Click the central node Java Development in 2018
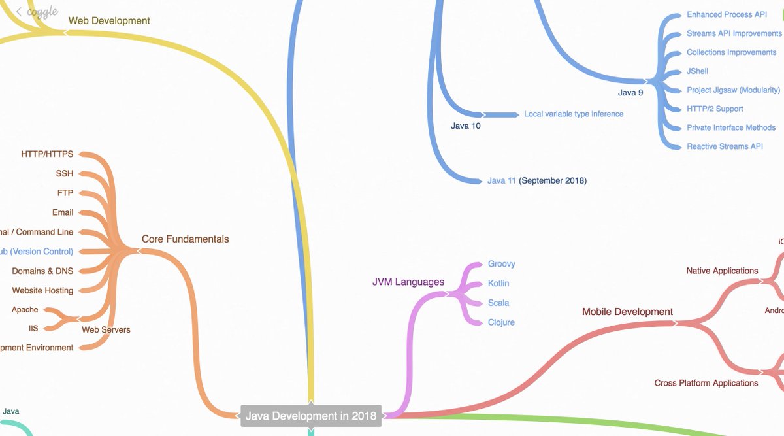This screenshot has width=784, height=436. (x=311, y=416)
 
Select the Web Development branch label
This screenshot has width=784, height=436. (x=109, y=21)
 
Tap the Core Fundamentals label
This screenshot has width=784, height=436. (x=185, y=239)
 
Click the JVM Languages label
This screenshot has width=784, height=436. (x=408, y=282)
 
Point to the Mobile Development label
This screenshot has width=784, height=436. (x=627, y=312)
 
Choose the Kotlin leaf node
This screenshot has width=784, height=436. (x=498, y=284)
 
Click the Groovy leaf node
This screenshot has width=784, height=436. (x=502, y=264)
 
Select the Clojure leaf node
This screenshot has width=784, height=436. (x=501, y=322)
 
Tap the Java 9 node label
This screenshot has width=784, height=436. (x=630, y=93)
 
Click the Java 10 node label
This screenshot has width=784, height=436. (x=465, y=126)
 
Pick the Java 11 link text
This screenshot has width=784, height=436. (x=501, y=180)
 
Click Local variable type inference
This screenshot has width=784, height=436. (x=574, y=114)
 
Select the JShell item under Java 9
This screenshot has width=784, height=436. (x=697, y=71)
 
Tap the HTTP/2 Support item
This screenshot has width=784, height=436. (x=715, y=109)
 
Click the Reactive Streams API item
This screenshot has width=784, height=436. (x=725, y=146)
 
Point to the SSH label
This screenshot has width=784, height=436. (x=65, y=173)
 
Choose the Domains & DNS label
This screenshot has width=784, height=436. (x=42, y=271)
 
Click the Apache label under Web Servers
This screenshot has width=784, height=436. (x=25, y=309)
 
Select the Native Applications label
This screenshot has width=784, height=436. (x=722, y=271)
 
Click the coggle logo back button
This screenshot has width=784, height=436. (x=37, y=12)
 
